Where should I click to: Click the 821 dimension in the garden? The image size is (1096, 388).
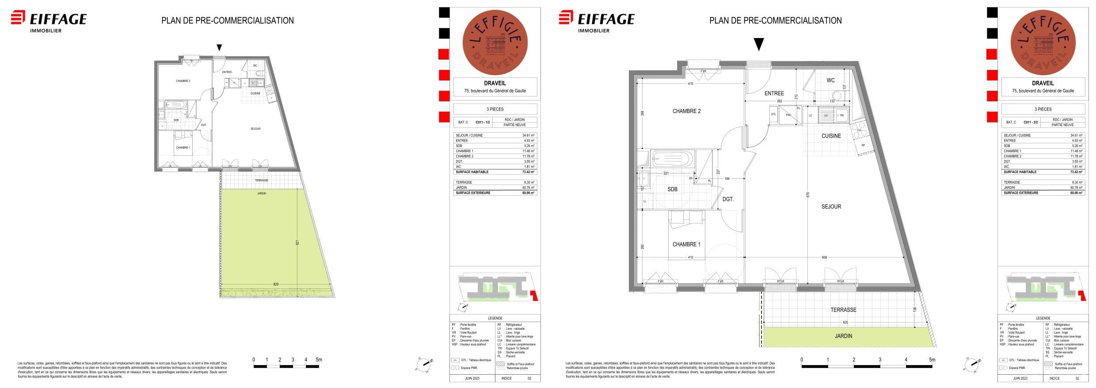[298, 243]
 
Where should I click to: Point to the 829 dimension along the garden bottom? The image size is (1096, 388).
[276, 284]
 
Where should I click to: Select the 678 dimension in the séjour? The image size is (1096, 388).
[808, 194]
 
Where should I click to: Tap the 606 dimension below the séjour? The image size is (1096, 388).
[824, 257]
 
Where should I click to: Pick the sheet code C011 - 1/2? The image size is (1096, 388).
[483, 122]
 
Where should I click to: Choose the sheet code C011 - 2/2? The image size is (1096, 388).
[1031, 122]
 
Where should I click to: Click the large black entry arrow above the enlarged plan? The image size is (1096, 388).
[759, 44]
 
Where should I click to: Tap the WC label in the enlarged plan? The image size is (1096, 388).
[831, 81]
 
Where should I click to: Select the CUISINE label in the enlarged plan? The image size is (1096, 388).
[831, 136]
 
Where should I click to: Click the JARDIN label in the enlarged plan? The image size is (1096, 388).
[843, 336]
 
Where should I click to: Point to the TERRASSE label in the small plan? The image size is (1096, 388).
[262, 181]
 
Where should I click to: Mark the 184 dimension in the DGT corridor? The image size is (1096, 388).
[727, 179]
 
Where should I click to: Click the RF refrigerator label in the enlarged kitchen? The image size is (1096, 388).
[863, 145]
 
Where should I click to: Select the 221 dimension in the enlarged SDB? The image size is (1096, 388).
[666, 173]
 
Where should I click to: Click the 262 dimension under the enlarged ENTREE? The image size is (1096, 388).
[779, 101]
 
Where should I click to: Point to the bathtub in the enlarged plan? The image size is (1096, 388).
[671, 158]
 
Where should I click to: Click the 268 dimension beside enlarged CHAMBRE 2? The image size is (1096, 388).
[643, 113]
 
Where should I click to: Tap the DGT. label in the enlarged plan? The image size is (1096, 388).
[728, 200]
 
